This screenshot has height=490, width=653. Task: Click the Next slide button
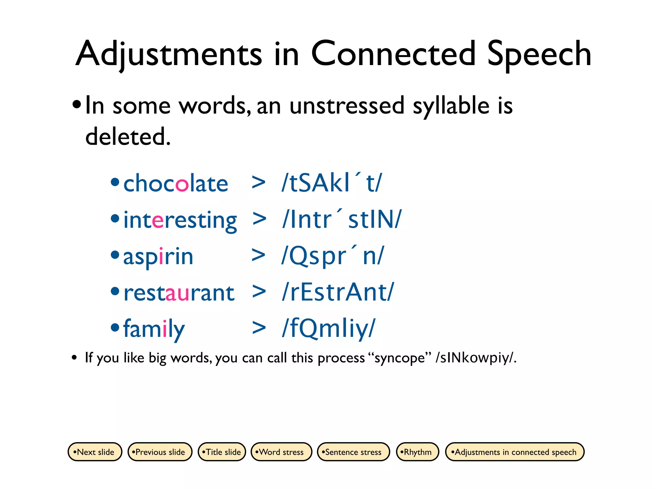95,452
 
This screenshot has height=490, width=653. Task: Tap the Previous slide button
160,452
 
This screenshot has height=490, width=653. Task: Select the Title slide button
222,452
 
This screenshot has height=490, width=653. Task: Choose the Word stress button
281,452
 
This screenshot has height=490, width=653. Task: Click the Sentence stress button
353,452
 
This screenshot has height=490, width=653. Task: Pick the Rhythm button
417,452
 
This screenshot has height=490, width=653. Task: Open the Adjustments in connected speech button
514,452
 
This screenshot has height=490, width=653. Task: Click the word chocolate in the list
176,184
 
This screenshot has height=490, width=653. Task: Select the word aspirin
158,256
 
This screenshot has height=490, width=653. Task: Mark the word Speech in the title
539,54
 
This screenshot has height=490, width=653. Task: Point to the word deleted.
128,137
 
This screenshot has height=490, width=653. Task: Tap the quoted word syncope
400,358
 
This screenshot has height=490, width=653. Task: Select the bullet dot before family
115,327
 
